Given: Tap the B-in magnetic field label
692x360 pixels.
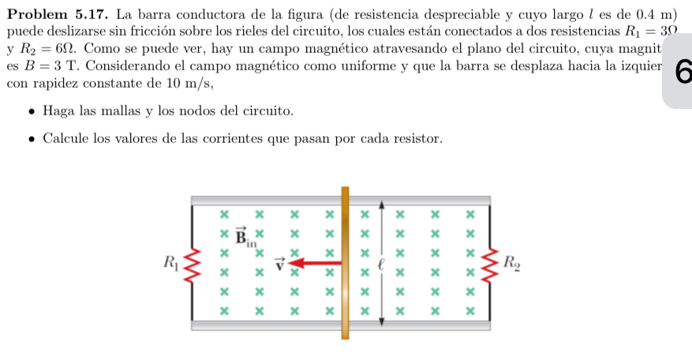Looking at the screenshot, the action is pos(244,235).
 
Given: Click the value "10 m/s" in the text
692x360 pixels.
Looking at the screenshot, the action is pos(185,82).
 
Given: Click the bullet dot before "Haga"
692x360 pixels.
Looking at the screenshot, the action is pos(30,112).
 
